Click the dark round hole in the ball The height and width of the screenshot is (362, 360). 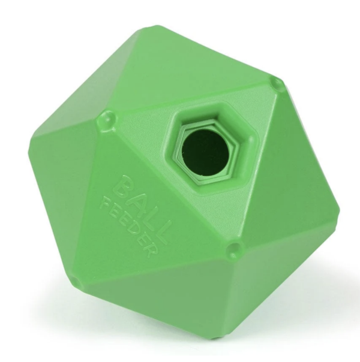point(205,152)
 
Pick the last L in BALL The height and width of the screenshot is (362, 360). point(163,232)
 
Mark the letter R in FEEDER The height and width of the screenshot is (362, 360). point(151,251)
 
